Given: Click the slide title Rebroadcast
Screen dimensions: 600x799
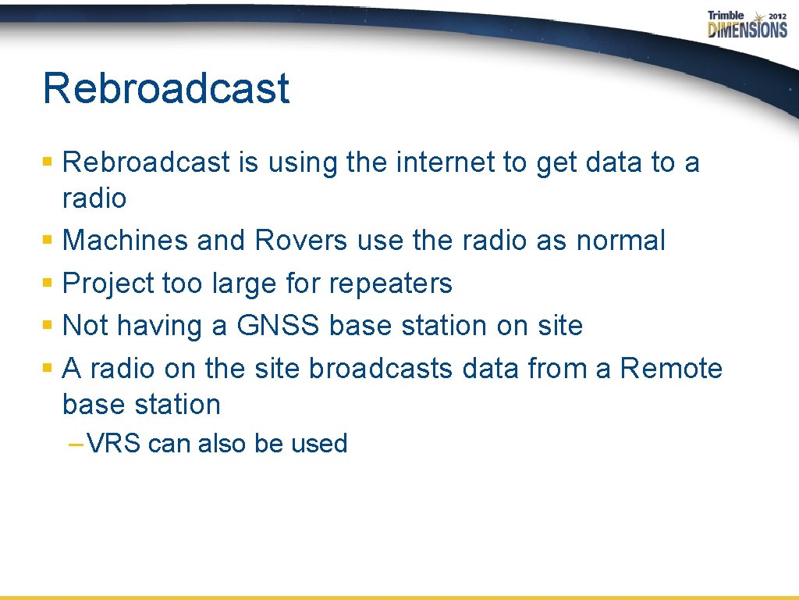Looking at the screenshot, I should tap(165, 87).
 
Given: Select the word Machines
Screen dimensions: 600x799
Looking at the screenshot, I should tap(126, 241).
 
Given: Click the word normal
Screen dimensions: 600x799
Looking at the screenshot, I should tap(620, 241).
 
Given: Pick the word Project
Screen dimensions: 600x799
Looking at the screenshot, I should tap(108, 284).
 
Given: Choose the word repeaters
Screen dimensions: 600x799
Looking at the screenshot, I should tap(390, 284).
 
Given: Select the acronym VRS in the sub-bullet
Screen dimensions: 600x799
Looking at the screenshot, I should tap(114, 444).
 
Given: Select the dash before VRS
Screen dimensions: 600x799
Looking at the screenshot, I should tap(76, 444).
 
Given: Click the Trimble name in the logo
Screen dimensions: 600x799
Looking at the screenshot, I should tap(726, 15).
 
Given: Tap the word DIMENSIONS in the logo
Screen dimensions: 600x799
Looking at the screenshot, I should tap(748, 30).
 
